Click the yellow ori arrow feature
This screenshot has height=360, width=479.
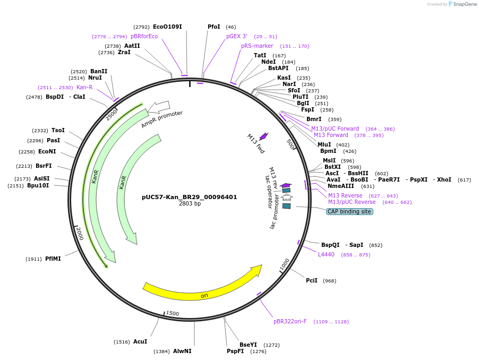point(202,287)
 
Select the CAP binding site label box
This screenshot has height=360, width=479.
point(349,211)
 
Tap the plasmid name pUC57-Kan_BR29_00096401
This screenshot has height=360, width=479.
point(189,197)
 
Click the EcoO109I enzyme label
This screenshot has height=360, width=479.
point(167,27)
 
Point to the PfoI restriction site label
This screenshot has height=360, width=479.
point(213,27)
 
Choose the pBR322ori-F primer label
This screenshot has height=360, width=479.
point(290,321)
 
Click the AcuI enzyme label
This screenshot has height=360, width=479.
point(140,341)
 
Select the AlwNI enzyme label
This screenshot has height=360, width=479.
point(182,351)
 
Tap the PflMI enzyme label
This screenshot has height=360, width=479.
point(53,259)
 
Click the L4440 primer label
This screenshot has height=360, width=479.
point(326,255)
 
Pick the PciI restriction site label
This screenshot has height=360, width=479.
point(312,280)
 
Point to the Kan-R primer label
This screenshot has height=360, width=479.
point(84,87)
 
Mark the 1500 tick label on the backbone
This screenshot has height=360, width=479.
point(173,313)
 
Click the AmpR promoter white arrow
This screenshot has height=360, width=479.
point(159,107)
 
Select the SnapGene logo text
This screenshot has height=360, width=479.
point(464,4)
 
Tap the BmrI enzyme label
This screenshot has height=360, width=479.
point(314,119)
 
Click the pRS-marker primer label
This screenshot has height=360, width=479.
point(257,46)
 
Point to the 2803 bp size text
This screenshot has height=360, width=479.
point(190,203)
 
